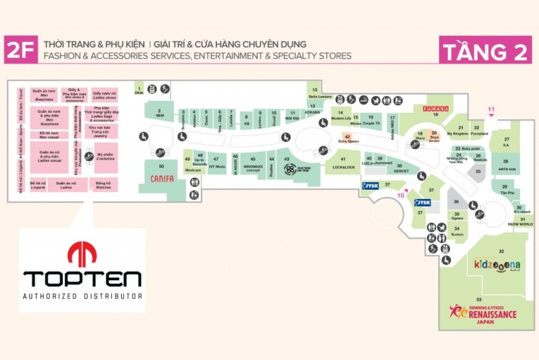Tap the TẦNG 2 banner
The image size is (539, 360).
pyautogui.click(x=485, y=51)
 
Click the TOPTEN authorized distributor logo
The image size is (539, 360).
pyautogui.click(x=82, y=270)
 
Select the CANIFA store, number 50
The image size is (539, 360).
pyautogui.click(x=162, y=177)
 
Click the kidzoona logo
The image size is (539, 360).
pyautogui.click(x=498, y=265)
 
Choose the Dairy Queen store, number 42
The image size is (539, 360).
pyautogui.click(x=348, y=139)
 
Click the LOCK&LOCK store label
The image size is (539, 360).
pyautogui.click(x=344, y=167)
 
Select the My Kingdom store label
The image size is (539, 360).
pyautogui.click(x=457, y=132)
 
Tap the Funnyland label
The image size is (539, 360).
pyautogui.click(x=479, y=132)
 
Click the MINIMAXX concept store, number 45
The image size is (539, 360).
pyautogui.click(x=253, y=166)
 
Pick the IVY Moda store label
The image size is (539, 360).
pyautogui.click(x=217, y=166)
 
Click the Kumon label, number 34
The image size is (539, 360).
pyautogui.click(x=456, y=232)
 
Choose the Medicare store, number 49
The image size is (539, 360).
pyautogui.click(x=193, y=169)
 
